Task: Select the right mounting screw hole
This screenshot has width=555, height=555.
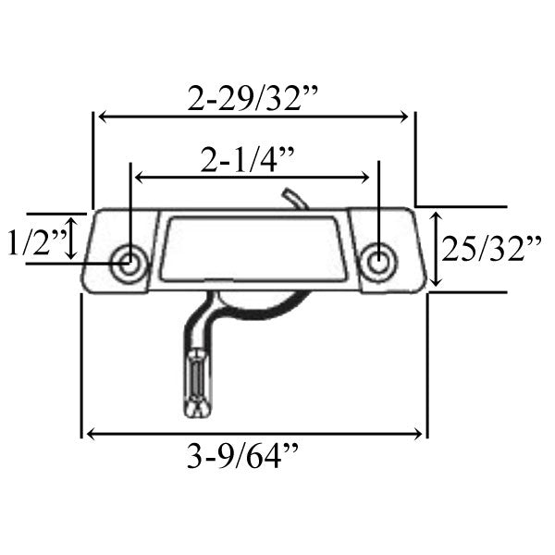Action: [x=376, y=261]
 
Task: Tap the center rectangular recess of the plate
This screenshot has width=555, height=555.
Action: [x=254, y=246]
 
